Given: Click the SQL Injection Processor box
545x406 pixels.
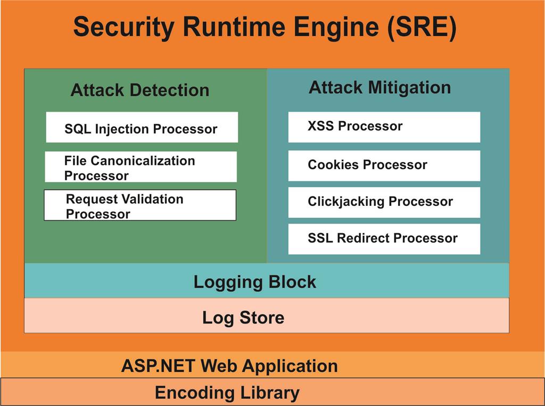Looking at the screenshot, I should (x=142, y=127).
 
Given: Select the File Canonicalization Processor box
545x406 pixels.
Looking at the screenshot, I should (x=141, y=167).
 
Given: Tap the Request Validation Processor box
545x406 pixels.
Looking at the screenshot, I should (x=140, y=205).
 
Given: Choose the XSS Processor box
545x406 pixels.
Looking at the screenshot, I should (x=384, y=127).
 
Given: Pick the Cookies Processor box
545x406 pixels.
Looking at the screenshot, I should (x=384, y=165).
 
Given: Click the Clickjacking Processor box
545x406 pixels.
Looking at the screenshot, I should (x=384, y=202).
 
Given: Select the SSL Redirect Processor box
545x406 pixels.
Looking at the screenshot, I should (x=384, y=238).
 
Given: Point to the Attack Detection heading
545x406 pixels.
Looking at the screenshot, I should (x=139, y=90).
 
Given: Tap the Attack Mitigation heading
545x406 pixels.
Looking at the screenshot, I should (x=379, y=87).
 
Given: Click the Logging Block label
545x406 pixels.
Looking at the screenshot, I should (x=254, y=281).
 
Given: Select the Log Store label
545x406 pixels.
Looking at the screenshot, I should (x=243, y=318).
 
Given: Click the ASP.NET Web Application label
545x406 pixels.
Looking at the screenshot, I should (x=229, y=366).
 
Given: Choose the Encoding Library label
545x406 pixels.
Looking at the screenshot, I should (x=227, y=393).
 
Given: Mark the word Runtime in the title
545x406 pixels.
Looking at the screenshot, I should (x=224, y=28).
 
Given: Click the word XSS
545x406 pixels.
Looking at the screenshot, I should (x=321, y=126).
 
